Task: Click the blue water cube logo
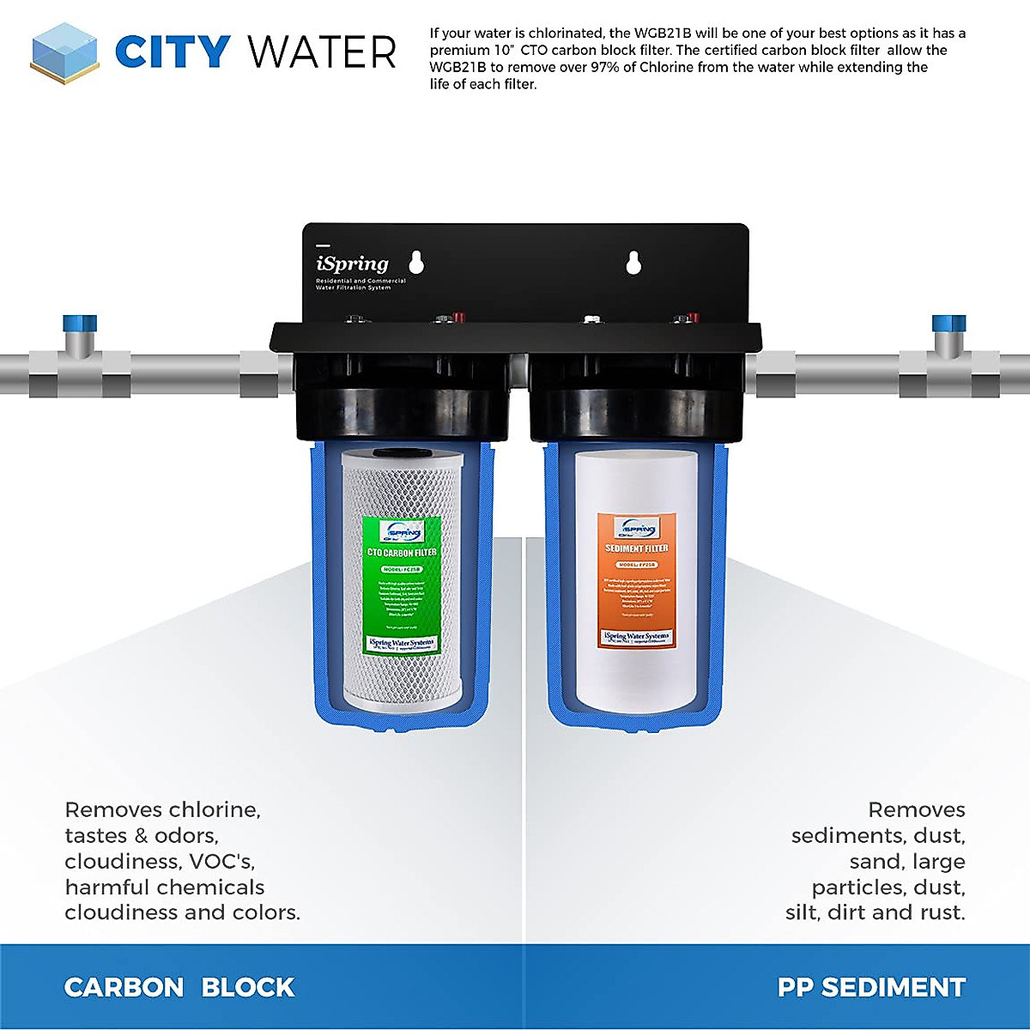point(64,53)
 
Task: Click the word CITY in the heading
point(172,52)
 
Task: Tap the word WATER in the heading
point(323,52)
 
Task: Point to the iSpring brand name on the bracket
point(352,264)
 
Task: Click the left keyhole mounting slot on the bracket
point(416,262)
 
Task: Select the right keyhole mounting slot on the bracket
point(633,262)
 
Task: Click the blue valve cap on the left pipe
point(80,324)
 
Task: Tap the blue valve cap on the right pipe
point(948,324)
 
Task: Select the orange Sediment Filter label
point(636,580)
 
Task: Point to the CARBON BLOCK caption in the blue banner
point(179,987)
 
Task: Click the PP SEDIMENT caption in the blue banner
point(871,987)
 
